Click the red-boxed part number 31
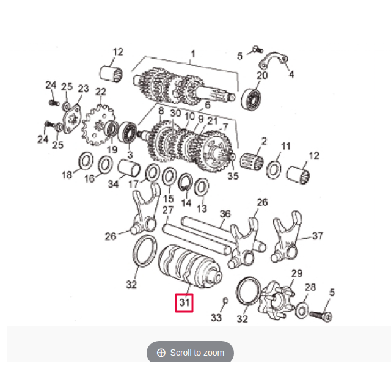[185, 302]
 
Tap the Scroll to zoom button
[190, 353]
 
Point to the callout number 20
[262, 76]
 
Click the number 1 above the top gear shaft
[192, 54]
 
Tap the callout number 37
[318, 236]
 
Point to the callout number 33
[216, 318]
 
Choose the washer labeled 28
[303, 311]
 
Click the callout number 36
[225, 214]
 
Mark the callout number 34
[113, 184]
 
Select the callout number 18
[67, 175]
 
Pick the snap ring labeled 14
[186, 181]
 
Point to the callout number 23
[83, 89]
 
